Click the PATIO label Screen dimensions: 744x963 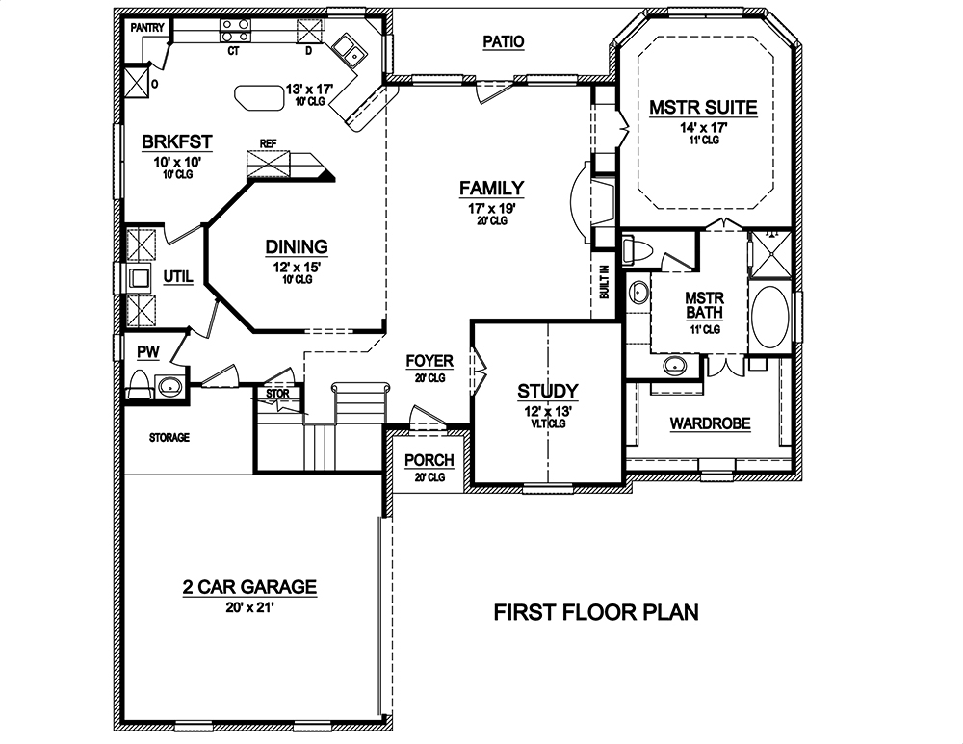504,41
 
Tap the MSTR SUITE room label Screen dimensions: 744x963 702,108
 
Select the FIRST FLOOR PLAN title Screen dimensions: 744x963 596,612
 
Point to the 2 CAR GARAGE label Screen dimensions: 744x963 249,587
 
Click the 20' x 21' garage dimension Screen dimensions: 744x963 249,607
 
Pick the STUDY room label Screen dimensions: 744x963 547,391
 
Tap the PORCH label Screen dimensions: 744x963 429,460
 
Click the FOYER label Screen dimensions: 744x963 429,362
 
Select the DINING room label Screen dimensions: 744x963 297,247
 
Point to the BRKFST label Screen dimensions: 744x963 176,143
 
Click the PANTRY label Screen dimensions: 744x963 146,28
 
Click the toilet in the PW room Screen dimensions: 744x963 141,385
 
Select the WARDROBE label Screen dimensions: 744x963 710,423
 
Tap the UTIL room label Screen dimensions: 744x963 178,277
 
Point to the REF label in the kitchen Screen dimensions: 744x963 268,143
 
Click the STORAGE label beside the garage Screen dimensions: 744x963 169,438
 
